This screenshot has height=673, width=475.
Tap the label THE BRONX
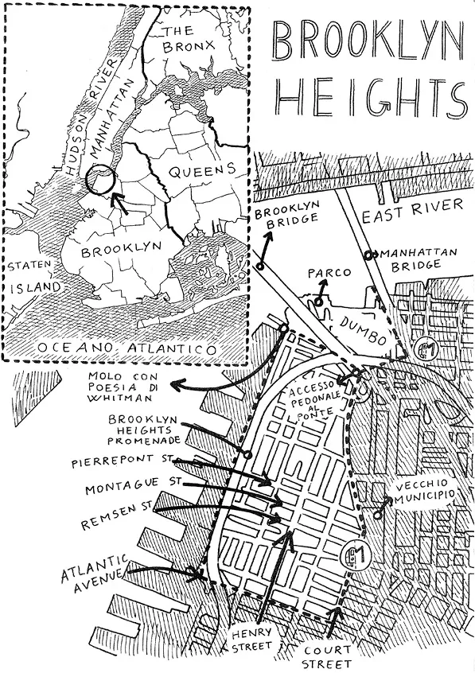click(x=188, y=39)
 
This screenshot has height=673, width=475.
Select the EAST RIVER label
click(x=411, y=206)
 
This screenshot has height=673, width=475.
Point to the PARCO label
click(x=329, y=273)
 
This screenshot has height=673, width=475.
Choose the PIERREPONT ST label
click(x=127, y=462)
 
